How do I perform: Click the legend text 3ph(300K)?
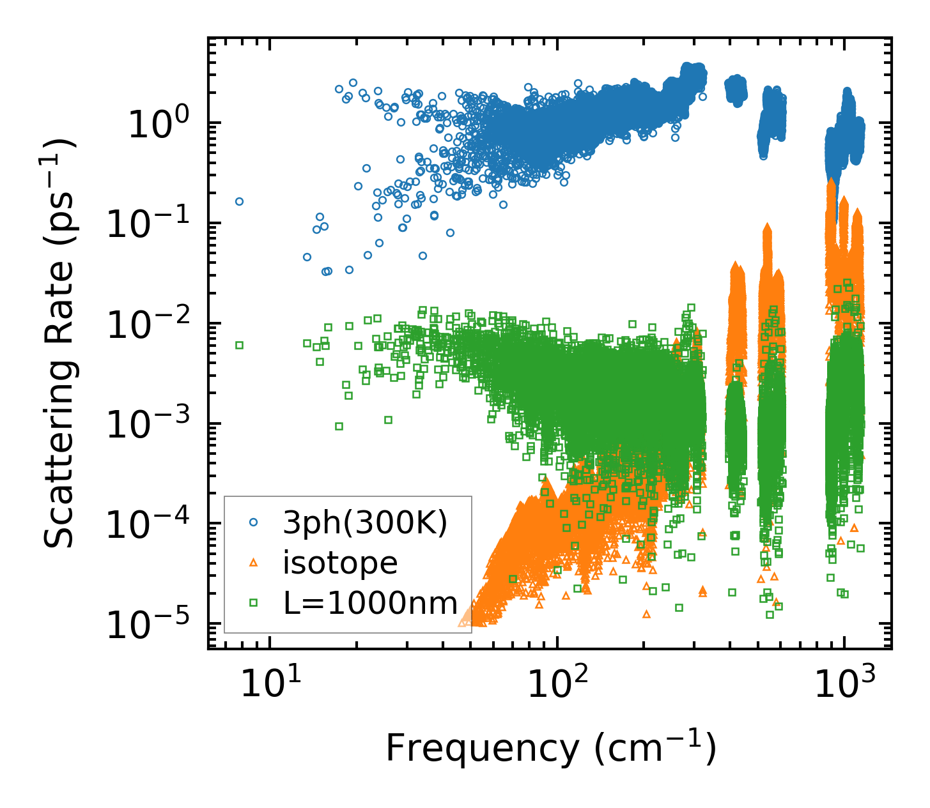pyautogui.click(x=365, y=523)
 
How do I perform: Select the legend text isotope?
pyautogui.click(x=341, y=563)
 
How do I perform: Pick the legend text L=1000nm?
pyautogui.click(x=371, y=603)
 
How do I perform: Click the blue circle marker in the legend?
pyautogui.click(x=253, y=522)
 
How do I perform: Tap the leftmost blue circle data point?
pyautogui.click(x=239, y=201)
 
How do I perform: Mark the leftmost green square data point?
pyautogui.click(x=239, y=345)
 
